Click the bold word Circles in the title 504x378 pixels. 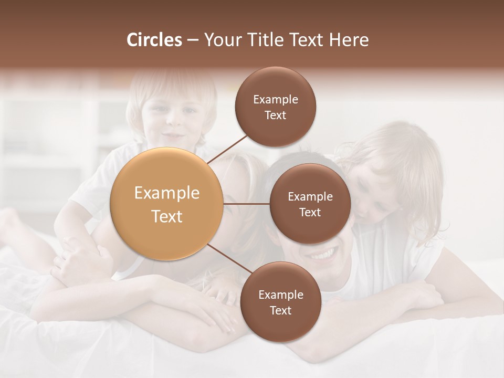(154, 40)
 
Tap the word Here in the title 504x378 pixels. (349, 40)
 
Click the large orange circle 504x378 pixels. (166, 204)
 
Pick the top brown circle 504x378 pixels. (276, 107)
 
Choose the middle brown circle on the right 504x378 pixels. (310, 204)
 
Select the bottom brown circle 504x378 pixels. (280, 302)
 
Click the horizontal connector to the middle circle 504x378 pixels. (246, 204)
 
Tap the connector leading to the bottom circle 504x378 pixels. (229, 261)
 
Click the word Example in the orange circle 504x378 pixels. (166, 193)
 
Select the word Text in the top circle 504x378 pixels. (276, 115)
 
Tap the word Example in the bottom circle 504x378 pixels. (280, 295)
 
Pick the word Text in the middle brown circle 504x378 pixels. (310, 212)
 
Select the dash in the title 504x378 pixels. (193, 40)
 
